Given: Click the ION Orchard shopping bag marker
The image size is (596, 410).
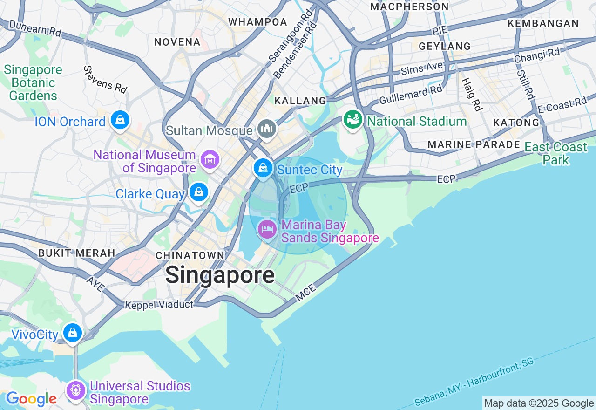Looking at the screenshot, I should (120, 121).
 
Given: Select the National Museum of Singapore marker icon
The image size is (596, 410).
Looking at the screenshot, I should (210, 160).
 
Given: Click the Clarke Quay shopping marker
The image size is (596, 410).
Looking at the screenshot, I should (199, 192).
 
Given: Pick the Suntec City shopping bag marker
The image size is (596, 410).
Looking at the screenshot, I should (263, 167).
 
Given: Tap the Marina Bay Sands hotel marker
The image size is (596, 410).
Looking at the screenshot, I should (267, 229).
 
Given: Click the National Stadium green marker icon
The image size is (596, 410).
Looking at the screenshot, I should (353, 120).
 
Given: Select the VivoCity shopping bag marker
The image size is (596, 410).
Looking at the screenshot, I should (73, 333).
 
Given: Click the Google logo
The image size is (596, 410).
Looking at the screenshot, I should (31, 399).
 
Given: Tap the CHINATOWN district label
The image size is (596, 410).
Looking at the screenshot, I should (190, 255).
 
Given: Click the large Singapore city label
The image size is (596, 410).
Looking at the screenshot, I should (220, 275).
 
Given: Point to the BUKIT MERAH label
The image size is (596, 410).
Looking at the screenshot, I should (76, 253).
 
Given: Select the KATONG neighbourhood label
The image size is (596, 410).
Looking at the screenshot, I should (516, 123).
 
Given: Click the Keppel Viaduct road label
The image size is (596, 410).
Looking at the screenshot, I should (159, 305).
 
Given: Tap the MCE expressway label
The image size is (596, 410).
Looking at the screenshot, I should (305, 292).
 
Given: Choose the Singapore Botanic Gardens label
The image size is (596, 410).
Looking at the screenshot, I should (33, 83).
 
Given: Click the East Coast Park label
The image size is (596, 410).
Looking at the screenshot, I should (556, 153).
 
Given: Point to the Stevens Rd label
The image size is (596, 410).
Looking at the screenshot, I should (106, 79).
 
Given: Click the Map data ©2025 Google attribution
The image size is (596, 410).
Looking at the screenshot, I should (539, 403).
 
